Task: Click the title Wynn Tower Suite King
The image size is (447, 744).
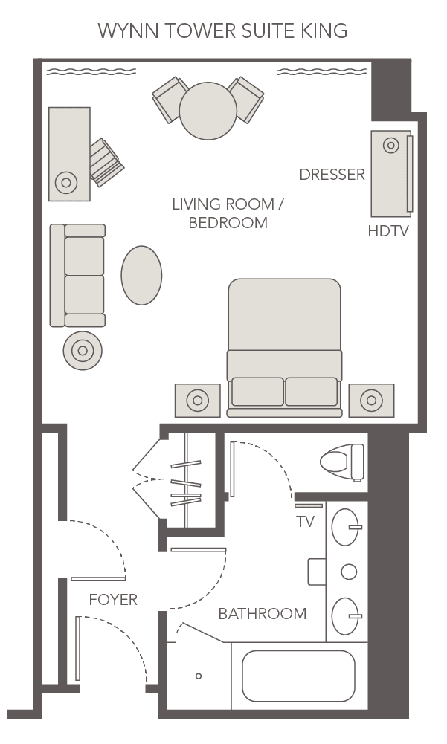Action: [x=223, y=30]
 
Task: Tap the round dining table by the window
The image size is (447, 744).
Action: [x=208, y=111]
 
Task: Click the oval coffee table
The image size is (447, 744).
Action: [x=141, y=275]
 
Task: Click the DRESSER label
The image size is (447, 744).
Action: [x=332, y=175]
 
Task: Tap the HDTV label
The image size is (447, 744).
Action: [x=388, y=231]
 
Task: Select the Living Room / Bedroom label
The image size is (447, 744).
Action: [x=228, y=213]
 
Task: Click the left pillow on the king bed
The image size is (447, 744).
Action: [x=257, y=392]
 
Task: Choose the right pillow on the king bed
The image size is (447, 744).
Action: [x=312, y=392]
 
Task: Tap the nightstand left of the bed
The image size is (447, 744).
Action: [x=197, y=401]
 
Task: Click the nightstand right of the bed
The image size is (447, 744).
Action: [x=371, y=401]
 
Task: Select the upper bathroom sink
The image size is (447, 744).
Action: [x=344, y=527]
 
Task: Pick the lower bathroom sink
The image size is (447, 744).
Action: [x=344, y=616]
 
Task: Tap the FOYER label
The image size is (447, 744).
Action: [x=113, y=600]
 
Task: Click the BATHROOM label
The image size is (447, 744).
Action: [x=262, y=614]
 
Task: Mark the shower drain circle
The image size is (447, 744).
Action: [x=199, y=676]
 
